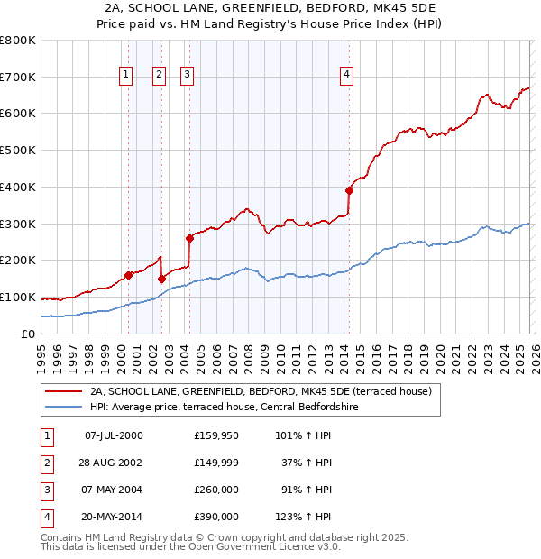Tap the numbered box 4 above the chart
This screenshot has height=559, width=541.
click(x=346, y=75)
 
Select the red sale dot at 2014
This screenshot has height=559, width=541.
click(x=349, y=190)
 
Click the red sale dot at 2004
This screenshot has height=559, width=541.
click(x=189, y=238)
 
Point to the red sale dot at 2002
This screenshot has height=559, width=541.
click(x=161, y=279)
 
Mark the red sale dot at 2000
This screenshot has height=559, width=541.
click(x=128, y=275)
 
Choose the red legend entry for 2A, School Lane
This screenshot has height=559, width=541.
click(x=261, y=391)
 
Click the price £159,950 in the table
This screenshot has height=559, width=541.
click(x=215, y=435)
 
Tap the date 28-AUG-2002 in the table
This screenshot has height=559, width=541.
click(x=114, y=463)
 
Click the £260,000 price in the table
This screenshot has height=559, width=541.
click(x=215, y=490)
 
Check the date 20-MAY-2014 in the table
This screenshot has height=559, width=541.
click(x=114, y=517)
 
